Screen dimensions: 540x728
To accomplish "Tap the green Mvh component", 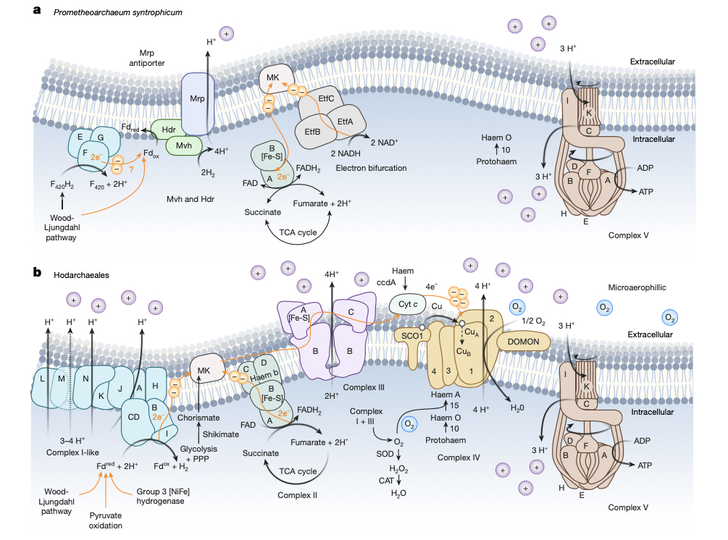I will [183, 145].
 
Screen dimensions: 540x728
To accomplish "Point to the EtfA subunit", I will [345, 122].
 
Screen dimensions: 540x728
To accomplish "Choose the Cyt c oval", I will [409, 304].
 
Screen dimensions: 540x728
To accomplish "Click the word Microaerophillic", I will [629, 287].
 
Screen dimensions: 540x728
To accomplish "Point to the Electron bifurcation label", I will [371, 168].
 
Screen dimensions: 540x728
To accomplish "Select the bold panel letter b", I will [36, 273].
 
